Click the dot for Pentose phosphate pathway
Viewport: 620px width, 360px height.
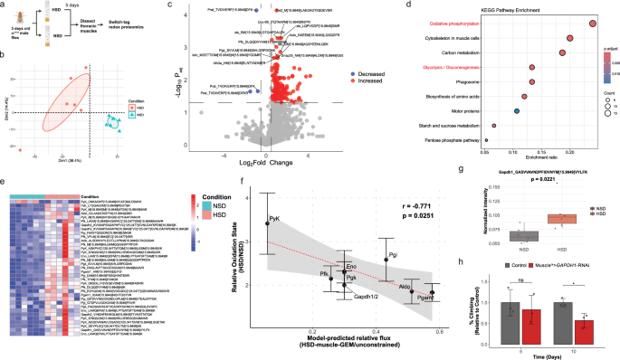coord(485,140)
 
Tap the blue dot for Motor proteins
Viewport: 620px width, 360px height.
coord(516,111)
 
